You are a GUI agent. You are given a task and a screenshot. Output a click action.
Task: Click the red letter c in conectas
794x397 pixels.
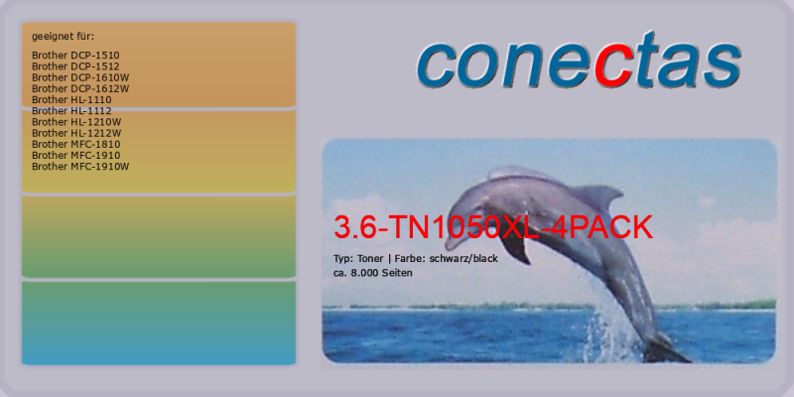[614, 66]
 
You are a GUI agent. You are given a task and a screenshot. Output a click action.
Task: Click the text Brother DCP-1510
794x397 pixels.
[75, 56]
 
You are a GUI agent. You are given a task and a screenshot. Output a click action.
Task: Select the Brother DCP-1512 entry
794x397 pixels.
[75, 66]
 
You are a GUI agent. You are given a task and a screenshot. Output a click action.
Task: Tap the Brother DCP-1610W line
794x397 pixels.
[80, 77]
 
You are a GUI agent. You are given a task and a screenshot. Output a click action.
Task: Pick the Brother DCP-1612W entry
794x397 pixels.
[80, 88]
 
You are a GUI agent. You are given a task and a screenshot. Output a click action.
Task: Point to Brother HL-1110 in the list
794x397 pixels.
[71, 100]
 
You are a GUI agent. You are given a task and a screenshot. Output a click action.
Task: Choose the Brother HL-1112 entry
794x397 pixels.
[71, 111]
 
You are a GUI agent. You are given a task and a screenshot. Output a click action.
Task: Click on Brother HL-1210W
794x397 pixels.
[76, 122]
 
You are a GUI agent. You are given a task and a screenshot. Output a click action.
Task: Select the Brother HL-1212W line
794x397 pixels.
[76, 133]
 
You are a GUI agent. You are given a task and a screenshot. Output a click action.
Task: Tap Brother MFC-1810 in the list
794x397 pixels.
[76, 144]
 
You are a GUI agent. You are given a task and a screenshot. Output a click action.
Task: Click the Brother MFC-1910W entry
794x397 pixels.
[80, 167]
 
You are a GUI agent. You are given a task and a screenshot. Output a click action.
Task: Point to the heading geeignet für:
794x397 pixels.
[63, 37]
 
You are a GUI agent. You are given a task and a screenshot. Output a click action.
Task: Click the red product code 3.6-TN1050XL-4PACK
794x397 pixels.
[493, 228]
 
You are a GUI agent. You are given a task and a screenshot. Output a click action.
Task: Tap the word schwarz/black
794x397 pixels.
[463, 259]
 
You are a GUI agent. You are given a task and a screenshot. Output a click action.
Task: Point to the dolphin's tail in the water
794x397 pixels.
[666, 349]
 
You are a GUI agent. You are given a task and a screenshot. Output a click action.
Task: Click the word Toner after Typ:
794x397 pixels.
[370, 259]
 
